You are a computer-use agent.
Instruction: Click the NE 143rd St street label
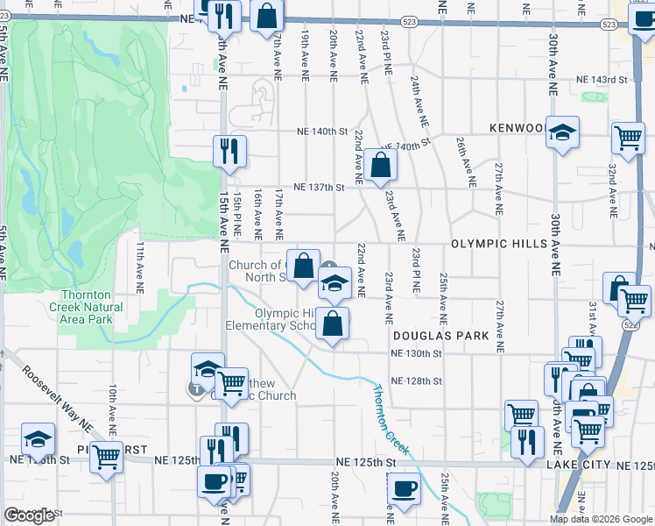602,80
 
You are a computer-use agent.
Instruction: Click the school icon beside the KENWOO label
563,133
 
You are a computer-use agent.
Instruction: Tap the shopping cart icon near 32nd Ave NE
629,137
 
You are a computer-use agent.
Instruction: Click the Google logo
30,515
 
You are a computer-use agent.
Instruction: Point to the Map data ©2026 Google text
600,519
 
